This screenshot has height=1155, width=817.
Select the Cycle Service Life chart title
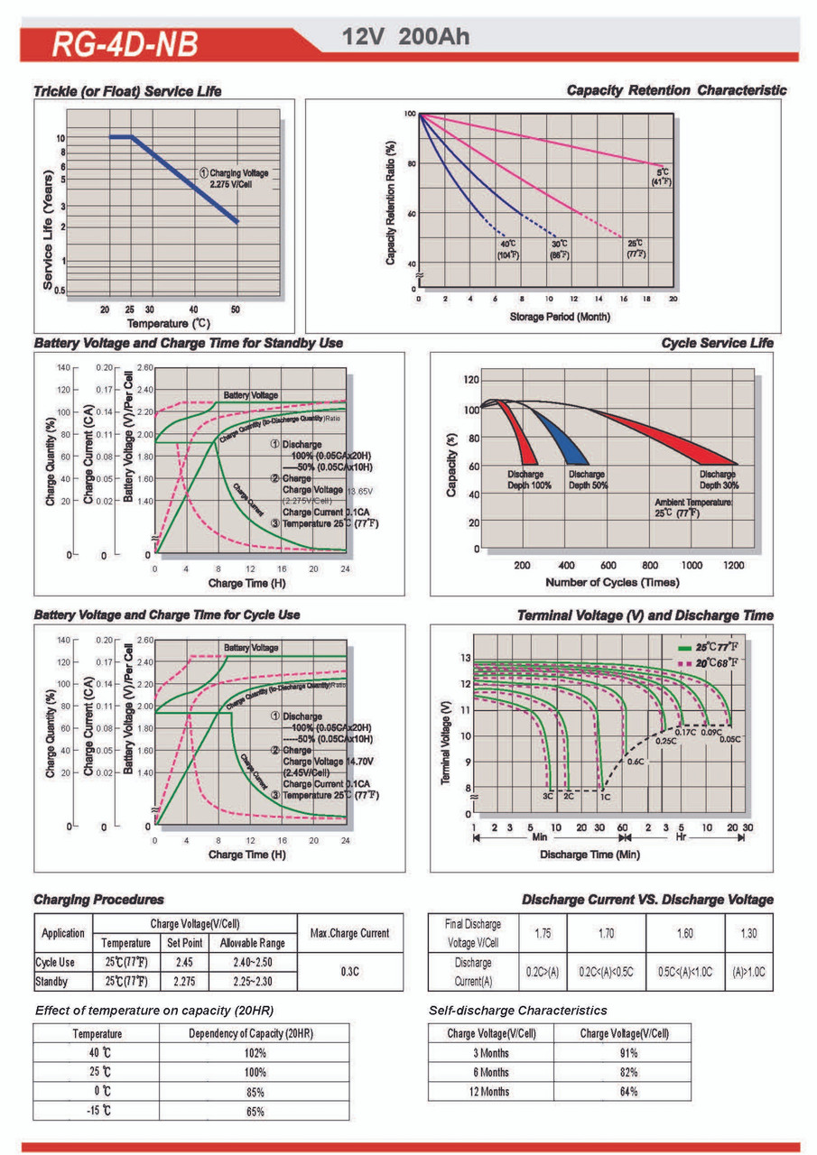tap(717, 343)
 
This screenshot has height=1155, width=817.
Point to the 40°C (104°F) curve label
tap(507, 250)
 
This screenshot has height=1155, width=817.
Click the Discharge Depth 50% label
tap(588, 480)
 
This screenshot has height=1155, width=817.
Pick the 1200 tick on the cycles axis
tap(733, 565)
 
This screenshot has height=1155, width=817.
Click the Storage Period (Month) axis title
tap(559, 317)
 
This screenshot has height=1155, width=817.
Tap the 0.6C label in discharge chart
tap(635, 762)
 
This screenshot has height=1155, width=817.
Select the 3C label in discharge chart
tap(547, 797)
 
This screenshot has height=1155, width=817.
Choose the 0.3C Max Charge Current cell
tap(350, 971)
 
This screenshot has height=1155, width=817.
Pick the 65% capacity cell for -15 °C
tap(255, 1111)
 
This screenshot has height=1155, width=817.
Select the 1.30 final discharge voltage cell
tap(748, 931)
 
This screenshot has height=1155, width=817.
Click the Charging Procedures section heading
tap(98, 900)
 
